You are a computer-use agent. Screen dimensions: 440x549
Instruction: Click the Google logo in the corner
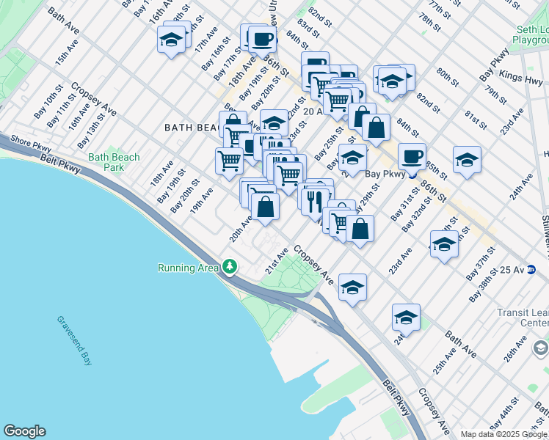25,431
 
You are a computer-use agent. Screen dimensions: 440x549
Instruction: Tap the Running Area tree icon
230,266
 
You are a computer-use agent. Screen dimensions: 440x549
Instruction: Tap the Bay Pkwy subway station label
386,175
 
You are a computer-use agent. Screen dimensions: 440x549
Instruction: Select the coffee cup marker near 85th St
412,155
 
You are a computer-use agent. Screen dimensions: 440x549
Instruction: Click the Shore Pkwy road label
32,146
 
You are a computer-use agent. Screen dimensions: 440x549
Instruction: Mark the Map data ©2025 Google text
503,434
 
